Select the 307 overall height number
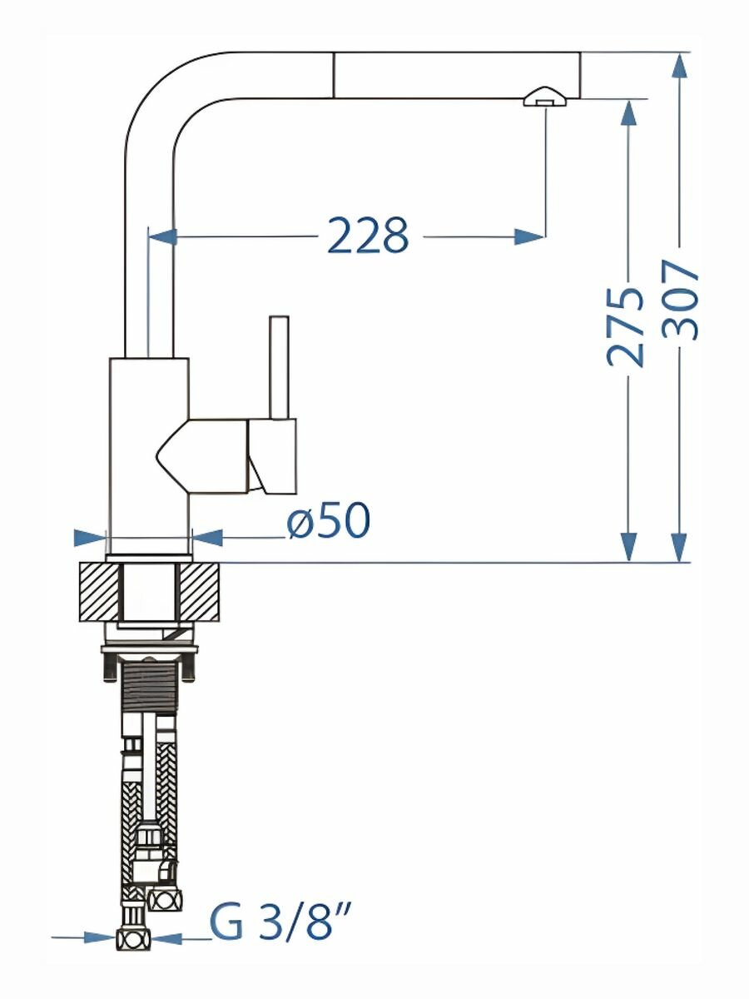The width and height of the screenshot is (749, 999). [679, 300]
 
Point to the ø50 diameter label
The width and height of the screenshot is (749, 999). [329, 519]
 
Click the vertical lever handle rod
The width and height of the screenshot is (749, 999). [279, 367]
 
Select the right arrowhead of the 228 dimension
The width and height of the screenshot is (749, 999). [529, 236]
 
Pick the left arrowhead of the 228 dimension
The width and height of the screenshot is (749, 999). [163, 236]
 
